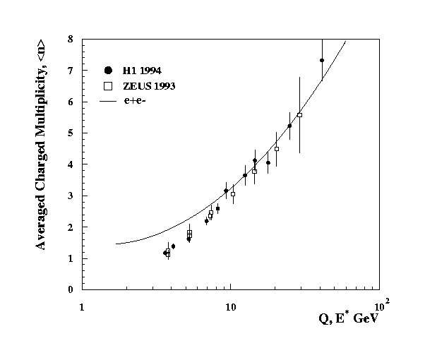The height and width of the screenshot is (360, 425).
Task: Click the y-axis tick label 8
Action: (70, 40)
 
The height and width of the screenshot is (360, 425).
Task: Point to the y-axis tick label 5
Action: (70, 133)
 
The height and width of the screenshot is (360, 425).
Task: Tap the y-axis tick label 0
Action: (70, 289)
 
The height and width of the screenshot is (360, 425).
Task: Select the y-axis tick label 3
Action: (70, 196)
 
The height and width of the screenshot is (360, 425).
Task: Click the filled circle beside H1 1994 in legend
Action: (108, 69)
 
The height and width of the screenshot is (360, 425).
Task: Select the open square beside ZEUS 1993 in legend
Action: (108, 85)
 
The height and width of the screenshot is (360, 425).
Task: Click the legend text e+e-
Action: (139, 102)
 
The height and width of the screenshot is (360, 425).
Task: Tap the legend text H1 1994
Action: (141, 69)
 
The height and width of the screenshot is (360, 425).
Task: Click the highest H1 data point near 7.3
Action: (322, 61)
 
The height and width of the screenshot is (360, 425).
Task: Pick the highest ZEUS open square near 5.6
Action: (299, 115)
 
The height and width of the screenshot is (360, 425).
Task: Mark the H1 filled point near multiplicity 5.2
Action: (289, 126)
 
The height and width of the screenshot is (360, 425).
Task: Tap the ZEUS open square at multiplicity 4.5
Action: (277, 149)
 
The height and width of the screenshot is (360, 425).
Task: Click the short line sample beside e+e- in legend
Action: (108, 102)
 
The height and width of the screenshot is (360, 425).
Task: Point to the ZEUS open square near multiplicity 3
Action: (233, 194)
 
